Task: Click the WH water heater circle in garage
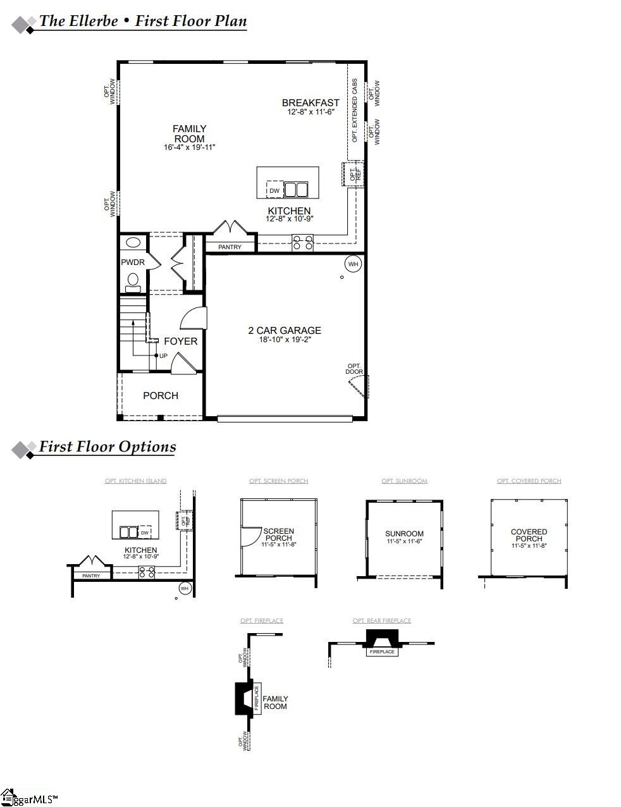352,264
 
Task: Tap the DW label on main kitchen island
274,190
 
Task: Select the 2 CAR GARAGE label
284,330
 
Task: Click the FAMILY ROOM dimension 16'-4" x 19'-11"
190,147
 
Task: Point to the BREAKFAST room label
310,102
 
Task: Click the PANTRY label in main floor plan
230,247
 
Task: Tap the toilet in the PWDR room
133,280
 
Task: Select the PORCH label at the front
161,395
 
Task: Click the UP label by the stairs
163,355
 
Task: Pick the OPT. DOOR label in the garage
354,369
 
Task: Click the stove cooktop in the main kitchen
302,242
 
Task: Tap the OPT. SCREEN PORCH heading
278,481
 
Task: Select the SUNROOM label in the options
405,534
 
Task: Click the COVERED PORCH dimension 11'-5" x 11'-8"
529,546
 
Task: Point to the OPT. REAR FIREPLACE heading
381,620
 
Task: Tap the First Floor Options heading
108,447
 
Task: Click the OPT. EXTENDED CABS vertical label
355,110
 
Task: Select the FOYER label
180,341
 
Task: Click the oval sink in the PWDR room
133,242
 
